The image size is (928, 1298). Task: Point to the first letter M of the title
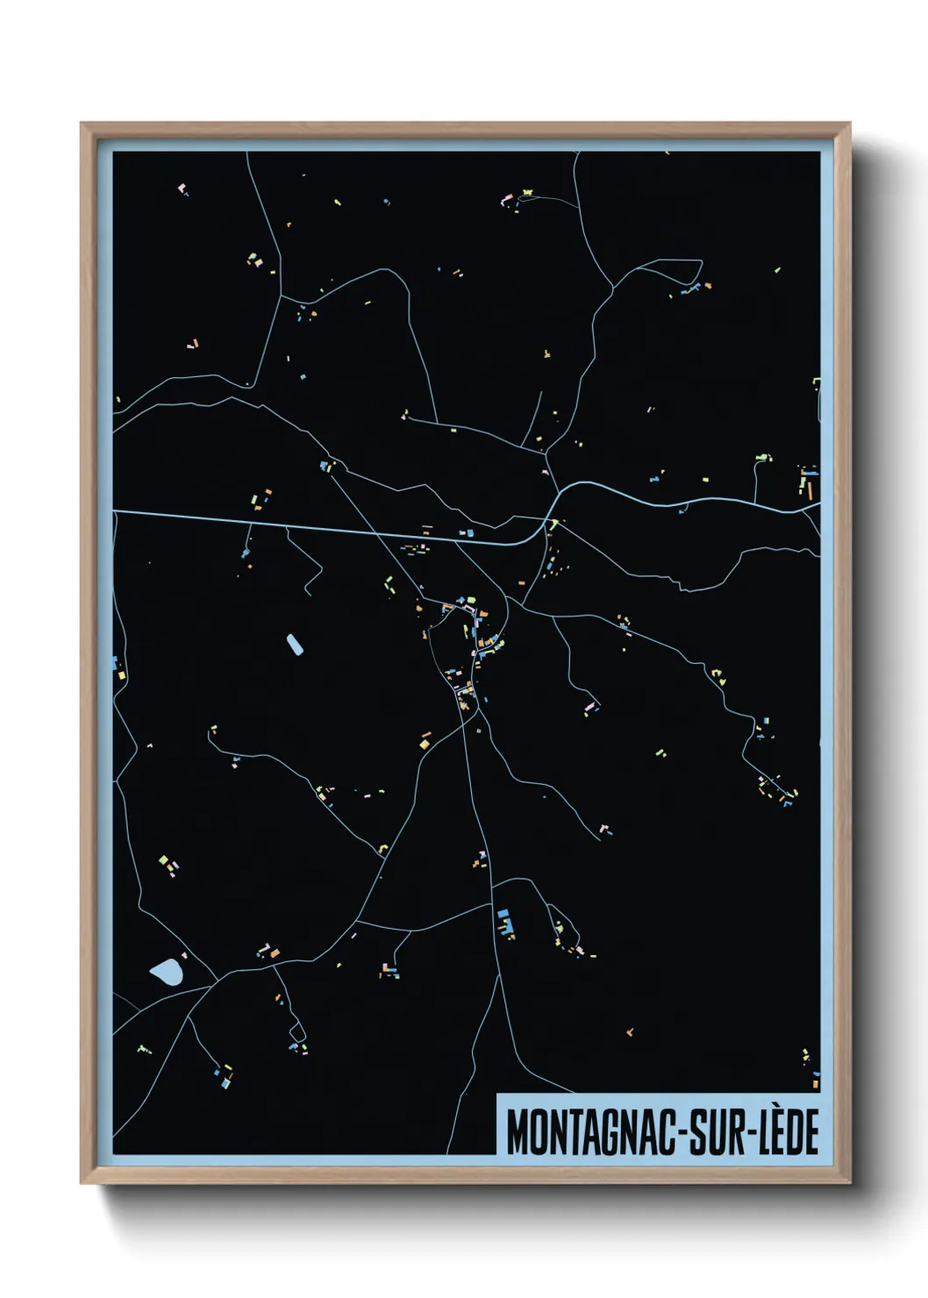pyautogui.click(x=517, y=1132)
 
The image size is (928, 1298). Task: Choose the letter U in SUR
pyautogui.click(x=712, y=1132)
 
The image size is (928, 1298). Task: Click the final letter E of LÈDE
pyautogui.click(x=812, y=1132)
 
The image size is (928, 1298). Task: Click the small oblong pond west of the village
pyautogui.click(x=294, y=645)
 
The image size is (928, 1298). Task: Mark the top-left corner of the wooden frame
pyautogui.click(x=82, y=125)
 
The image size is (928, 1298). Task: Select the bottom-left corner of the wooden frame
pyautogui.click(x=82, y=1181)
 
